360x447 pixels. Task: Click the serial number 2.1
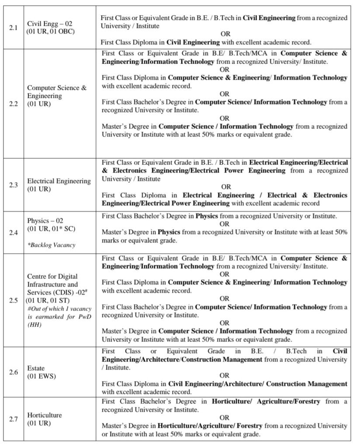pos(13,28)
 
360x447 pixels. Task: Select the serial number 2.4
pos(13,232)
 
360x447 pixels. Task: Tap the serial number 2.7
pos(13,419)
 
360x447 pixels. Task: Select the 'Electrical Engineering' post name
pos(59,181)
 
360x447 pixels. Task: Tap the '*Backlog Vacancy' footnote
pos(51,245)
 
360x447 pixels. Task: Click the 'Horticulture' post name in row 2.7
pos(44,415)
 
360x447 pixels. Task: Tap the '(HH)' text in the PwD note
pos(35,325)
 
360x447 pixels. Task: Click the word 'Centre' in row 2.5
pos(38,276)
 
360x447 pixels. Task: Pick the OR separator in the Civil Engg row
pos(225,34)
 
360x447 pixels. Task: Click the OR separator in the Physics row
pos(225,224)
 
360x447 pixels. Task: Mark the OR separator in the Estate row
pos(225,375)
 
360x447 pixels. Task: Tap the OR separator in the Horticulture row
pos(225,418)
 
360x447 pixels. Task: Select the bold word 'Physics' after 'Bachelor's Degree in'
pos(207,216)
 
